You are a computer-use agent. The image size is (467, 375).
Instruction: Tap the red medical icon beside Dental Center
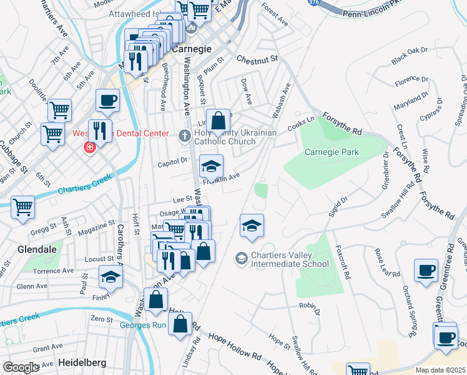coord(90,147)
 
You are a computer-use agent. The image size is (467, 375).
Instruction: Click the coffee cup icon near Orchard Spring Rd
coord(426,271)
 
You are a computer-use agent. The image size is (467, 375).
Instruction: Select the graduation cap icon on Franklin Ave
coord(211,166)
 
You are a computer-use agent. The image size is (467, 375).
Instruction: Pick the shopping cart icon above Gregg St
coord(23,207)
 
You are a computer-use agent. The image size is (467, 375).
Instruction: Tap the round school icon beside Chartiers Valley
coord(241,258)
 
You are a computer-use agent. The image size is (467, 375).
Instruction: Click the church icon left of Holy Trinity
coord(184,135)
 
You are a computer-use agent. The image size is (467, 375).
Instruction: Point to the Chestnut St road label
coord(257,59)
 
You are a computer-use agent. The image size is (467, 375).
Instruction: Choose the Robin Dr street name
coord(309,308)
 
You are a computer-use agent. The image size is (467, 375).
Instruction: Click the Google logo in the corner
coord(21,367)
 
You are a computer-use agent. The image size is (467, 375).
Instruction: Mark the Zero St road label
coord(101,319)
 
